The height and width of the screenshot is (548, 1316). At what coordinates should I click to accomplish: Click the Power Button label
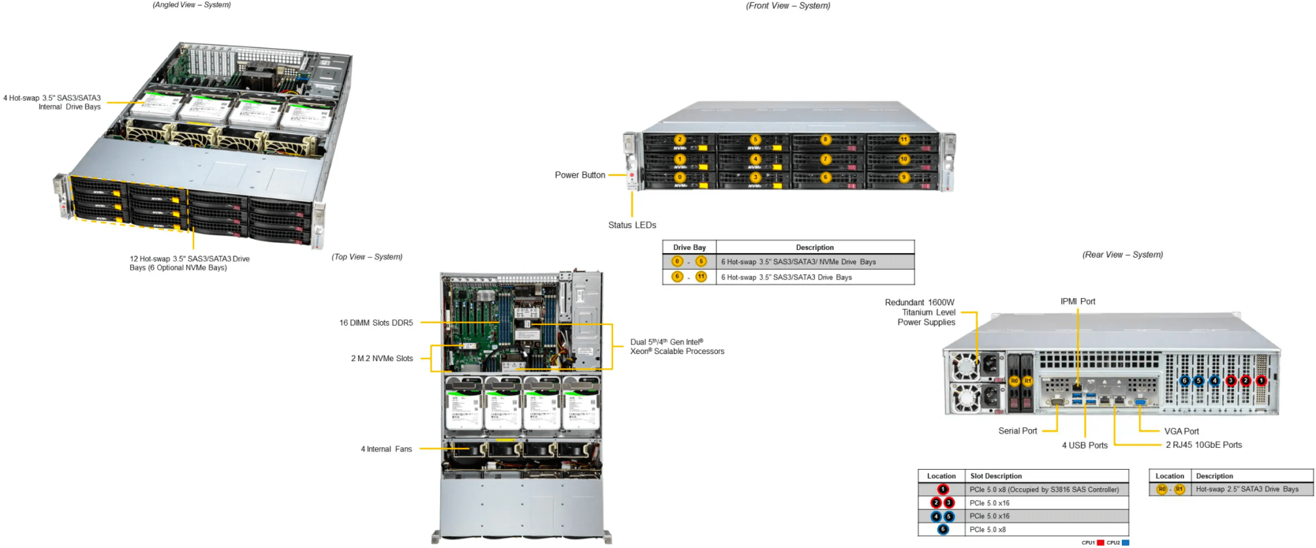click(x=580, y=175)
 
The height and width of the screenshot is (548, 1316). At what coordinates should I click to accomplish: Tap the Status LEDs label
click(x=632, y=225)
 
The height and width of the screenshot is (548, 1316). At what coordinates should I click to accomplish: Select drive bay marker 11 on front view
click(x=903, y=139)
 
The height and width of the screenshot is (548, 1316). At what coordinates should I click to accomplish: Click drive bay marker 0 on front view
click(x=680, y=177)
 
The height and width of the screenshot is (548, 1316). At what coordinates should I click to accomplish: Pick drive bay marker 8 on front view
click(x=826, y=139)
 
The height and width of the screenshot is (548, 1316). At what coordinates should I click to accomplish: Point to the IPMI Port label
click(x=1078, y=301)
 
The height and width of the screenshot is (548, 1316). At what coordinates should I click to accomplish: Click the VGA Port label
click(x=1181, y=431)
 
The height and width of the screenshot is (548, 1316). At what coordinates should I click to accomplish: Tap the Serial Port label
click(x=1017, y=430)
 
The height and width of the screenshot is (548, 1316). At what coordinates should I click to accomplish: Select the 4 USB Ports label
click(x=1085, y=445)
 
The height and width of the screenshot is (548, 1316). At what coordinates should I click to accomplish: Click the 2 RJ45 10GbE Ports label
click(x=1204, y=445)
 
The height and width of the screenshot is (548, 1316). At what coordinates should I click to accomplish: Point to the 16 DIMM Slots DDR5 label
click(x=376, y=323)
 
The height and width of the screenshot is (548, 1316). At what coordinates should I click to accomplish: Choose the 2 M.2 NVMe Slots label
click(x=382, y=358)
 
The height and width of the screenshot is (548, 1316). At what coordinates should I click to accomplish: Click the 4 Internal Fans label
click(x=386, y=449)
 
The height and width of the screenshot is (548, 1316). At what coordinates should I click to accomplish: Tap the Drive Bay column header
click(x=689, y=247)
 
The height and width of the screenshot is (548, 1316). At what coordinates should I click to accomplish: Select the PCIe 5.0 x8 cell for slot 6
click(x=988, y=529)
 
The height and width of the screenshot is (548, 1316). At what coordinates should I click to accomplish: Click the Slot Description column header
click(x=996, y=476)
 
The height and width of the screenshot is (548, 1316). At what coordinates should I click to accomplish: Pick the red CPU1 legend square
click(x=1100, y=543)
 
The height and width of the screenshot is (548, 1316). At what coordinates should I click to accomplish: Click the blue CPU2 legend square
click(x=1125, y=543)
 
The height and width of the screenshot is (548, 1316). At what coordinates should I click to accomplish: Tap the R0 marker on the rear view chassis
click(x=1014, y=381)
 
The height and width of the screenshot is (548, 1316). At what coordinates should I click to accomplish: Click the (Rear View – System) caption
click(x=1123, y=254)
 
